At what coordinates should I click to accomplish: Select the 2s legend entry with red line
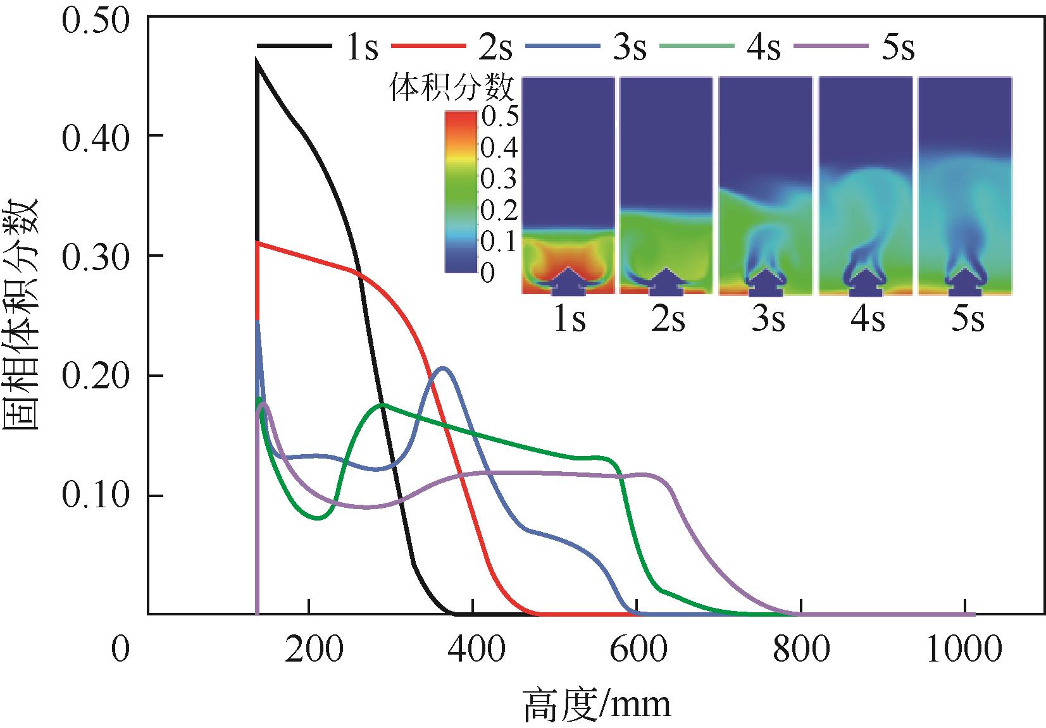pos(453,46)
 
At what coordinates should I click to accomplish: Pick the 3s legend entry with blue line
pos(588,46)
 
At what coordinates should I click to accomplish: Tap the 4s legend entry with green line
pos(722,46)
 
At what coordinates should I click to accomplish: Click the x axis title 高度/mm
pos(596,704)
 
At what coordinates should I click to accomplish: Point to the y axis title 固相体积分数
pos(22,313)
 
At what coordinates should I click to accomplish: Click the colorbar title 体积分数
pos(451,88)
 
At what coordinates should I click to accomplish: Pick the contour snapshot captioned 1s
pos(568,185)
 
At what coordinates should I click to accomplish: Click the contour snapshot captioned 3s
pos(766,185)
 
